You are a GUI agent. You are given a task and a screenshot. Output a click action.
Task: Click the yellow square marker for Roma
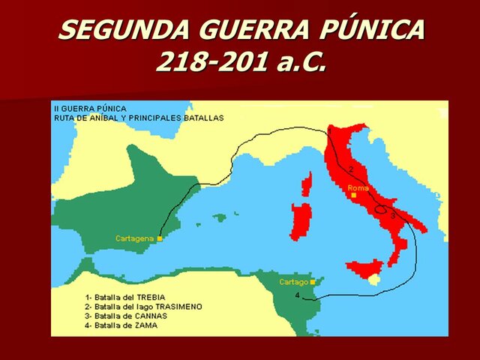(x=354, y=195)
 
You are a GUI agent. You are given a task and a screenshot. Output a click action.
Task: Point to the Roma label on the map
(x=358, y=187)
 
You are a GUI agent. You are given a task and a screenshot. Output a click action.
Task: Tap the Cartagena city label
(x=134, y=238)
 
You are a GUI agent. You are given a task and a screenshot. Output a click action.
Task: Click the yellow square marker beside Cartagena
(x=160, y=238)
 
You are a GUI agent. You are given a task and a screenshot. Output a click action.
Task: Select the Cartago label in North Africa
(x=294, y=282)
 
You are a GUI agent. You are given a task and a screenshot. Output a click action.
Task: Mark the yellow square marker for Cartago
(x=312, y=282)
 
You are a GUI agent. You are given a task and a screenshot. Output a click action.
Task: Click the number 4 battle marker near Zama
(x=298, y=295)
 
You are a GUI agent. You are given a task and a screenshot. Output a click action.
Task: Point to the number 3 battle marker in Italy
(x=392, y=215)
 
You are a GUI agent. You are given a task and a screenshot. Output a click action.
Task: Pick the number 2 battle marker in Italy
(x=350, y=169)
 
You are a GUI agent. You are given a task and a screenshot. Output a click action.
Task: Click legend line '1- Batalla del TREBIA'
(x=125, y=298)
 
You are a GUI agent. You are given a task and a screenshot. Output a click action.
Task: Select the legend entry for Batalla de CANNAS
(x=126, y=316)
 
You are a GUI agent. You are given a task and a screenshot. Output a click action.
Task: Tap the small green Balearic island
(x=219, y=218)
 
